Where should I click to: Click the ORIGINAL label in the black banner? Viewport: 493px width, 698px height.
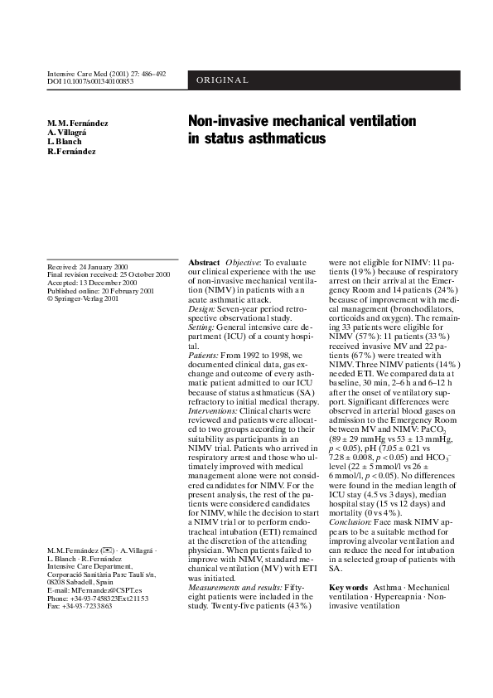point(222,80)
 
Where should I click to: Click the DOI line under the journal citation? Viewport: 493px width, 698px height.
point(90,82)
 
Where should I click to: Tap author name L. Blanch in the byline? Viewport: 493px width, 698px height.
point(65,142)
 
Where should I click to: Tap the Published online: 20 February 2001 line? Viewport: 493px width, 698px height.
point(101,291)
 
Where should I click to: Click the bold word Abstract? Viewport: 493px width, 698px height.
point(204,262)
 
